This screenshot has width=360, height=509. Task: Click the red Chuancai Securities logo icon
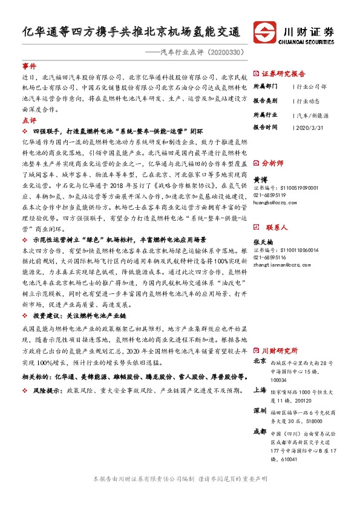pos(265,31)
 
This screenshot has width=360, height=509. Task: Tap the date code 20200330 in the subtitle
pos(226,52)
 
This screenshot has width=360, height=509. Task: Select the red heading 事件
pos(29,66)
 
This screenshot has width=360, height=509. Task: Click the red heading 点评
pos(29,121)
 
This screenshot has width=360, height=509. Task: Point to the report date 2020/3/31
pos(309,128)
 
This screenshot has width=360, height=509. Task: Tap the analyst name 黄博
pos(260,180)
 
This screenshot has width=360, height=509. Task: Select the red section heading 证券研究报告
pos(283,73)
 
